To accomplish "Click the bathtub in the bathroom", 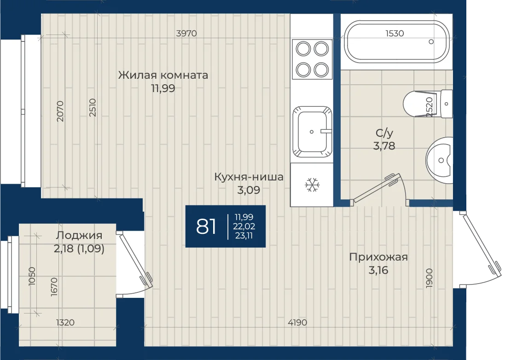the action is click(x=396, y=41).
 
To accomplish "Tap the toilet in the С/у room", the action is click(x=428, y=104).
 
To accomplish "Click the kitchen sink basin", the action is click(x=312, y=132).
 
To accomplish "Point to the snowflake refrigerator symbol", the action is click(x=312, y=185).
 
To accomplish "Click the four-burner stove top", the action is click(x=312, y=59).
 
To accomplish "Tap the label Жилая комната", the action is click(x=163, y=75).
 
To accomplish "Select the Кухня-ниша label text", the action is click(x=249, y=177).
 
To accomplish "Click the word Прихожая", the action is click(x=378, y=257).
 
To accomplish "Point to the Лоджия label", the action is click(x=79, y=235).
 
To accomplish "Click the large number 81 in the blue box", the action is click(x=206, y=226).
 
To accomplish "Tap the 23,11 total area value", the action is click(x=244, y=236).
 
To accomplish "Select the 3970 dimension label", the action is click(x=186, y=33).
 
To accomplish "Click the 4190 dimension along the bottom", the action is click(x=297, y=322).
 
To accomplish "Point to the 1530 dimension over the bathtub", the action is click(x=395, y=33).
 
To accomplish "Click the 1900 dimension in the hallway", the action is click(x=429, y=278).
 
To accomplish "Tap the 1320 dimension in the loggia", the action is click(x=65, y=322).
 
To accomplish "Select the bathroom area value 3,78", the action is click(x=384, y=146).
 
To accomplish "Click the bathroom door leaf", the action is click(x=375, y=189).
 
